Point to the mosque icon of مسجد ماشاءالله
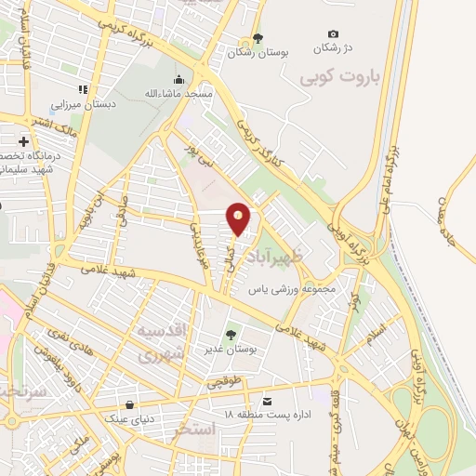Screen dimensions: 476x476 pos(179,80)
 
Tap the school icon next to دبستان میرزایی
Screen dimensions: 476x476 pos(83,89)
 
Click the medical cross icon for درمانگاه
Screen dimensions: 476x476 pos(22,140)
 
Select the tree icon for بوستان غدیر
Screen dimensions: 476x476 pos(230,334)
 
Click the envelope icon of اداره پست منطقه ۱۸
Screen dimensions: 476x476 pos(269,402)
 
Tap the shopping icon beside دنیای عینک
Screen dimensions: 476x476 pos(128,405)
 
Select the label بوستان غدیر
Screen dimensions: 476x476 pos(230,349)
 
